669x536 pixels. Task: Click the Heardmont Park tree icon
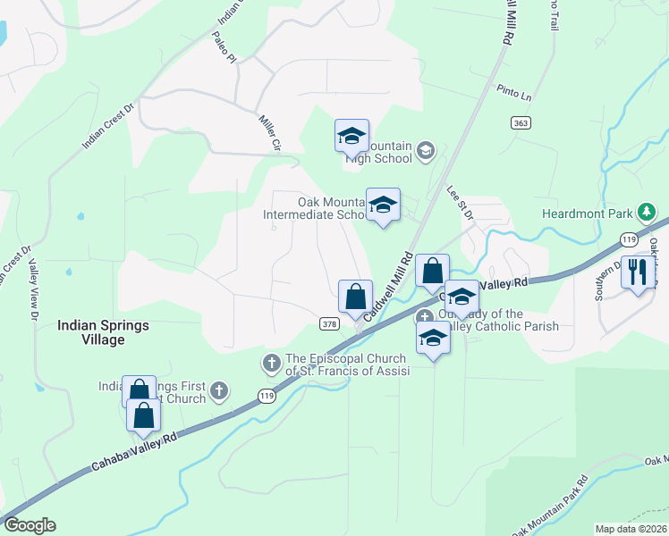[647, 213]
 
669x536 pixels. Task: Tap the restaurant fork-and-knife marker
[637, 272]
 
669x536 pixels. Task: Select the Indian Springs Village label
[103, 332]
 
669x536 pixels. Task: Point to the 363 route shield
[522, 122]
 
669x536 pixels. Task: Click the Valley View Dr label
[34, 290]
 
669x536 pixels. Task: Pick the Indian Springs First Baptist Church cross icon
[219, 390]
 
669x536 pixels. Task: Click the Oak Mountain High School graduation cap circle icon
[426, 151]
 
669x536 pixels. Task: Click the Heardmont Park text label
[587, 214]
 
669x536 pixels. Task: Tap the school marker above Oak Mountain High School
[351, 137]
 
